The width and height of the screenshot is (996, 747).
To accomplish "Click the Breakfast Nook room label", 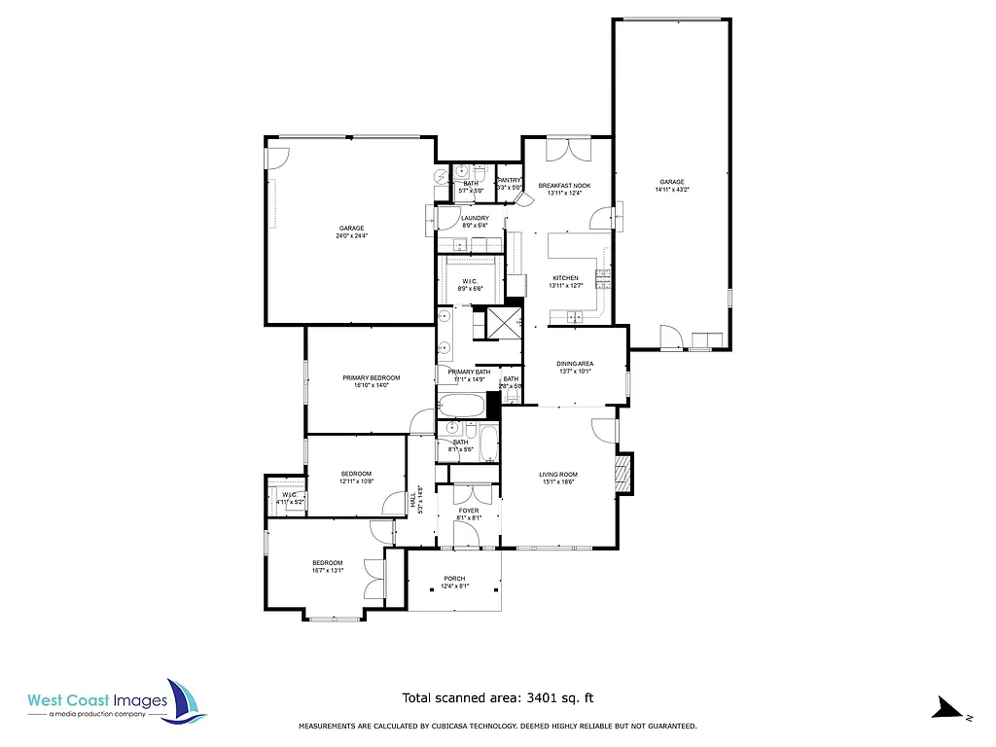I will [x=564, y=185].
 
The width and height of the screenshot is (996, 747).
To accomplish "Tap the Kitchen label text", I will [x=565, y=277].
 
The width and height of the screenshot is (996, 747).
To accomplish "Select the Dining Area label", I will [x=575, y=364].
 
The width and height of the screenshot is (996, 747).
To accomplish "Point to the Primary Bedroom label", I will [x=371, y=377].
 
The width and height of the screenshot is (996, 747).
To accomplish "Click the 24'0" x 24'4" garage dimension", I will [x=351, y=236].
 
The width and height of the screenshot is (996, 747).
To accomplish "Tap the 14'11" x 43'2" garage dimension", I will [x=672, y=191].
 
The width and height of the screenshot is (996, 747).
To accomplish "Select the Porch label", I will [x=454, y=579].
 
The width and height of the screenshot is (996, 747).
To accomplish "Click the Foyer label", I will [x=469, y=510].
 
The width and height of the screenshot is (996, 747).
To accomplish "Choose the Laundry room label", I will [x=475, y=218].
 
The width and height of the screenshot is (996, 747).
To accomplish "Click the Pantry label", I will [x=510, y=180].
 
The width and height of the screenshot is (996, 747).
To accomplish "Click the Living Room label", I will [x=558, y=475].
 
